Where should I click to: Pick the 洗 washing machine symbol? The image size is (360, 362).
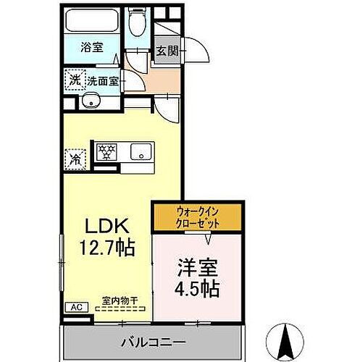point(75,80)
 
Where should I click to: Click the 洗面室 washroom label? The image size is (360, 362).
point(101,80)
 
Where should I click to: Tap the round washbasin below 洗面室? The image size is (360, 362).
point(91,101)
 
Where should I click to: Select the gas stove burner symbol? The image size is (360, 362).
point(107,151)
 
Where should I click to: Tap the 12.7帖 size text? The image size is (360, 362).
point(107,248)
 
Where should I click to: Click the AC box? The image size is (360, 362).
point(76,307)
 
